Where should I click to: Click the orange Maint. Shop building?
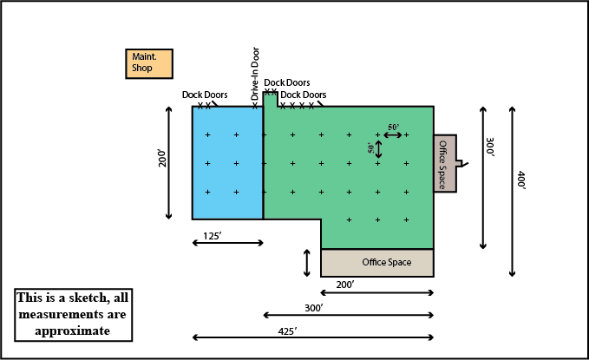click(149, 62)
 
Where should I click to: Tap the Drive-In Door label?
click(255, 73)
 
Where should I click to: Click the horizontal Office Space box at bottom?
click(377, 262)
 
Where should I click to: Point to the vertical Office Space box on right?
click(444, 164)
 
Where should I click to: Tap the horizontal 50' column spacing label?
click(394, 128)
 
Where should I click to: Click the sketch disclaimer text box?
click(74, 314)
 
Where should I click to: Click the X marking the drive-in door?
click(255, 106)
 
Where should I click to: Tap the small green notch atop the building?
click(270, 100)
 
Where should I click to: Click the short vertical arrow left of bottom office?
click(307, 263)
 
